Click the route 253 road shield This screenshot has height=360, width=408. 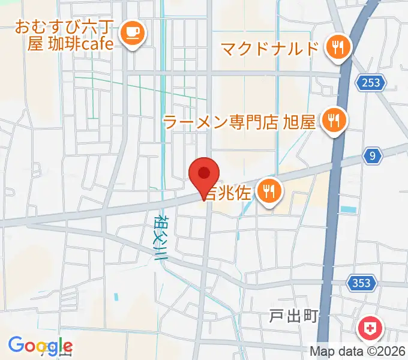point(371,83)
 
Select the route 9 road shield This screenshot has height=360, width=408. point(373,157)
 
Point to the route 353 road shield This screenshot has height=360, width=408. point(362,282)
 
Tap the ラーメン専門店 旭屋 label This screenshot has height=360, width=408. point(239,122)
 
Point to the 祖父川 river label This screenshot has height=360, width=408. point(160,236)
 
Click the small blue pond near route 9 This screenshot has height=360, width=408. point(347,210)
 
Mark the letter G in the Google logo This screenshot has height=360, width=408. point(16,345)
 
